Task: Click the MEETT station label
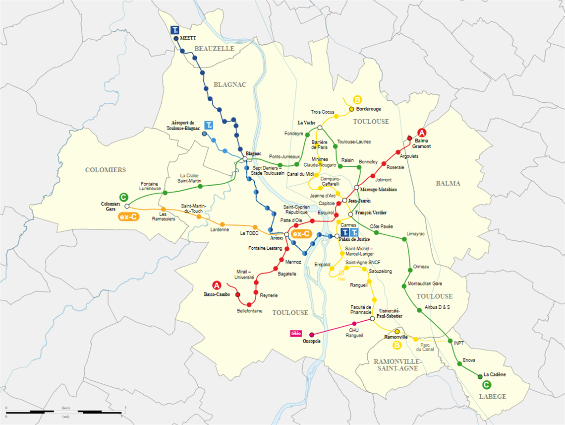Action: (x=188, y=38)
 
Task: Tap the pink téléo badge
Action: (x=296, y=333)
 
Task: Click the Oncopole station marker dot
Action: (x=312, y=335)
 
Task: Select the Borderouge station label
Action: (x=369, y=109)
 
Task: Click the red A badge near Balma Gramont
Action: (x=422, y=133)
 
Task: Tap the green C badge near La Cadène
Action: (x=487, y=384)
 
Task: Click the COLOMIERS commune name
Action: (x=106, y=170)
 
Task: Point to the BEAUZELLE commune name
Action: (x=214, y=49)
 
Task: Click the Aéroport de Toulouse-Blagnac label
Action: (x=183, y=125)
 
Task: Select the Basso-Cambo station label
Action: (x=217, y=294)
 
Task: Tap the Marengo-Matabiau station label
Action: (x=379, y=190)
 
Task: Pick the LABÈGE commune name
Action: (x=493, y=396)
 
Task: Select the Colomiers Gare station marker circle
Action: (x=127, y=206)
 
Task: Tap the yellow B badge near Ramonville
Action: (x=397, y=345)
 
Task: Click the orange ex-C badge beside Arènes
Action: (x=301, y=234)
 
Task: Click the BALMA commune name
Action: (x=448, y=183)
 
